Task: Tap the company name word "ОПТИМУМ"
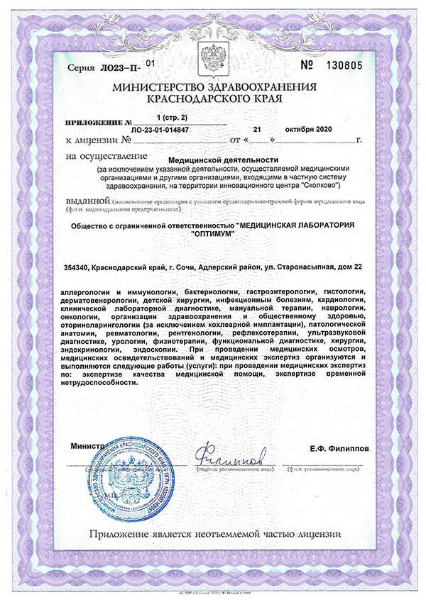[212, 237]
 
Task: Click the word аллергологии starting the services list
[88, 292]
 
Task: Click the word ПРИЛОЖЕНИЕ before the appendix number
[91, 122]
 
